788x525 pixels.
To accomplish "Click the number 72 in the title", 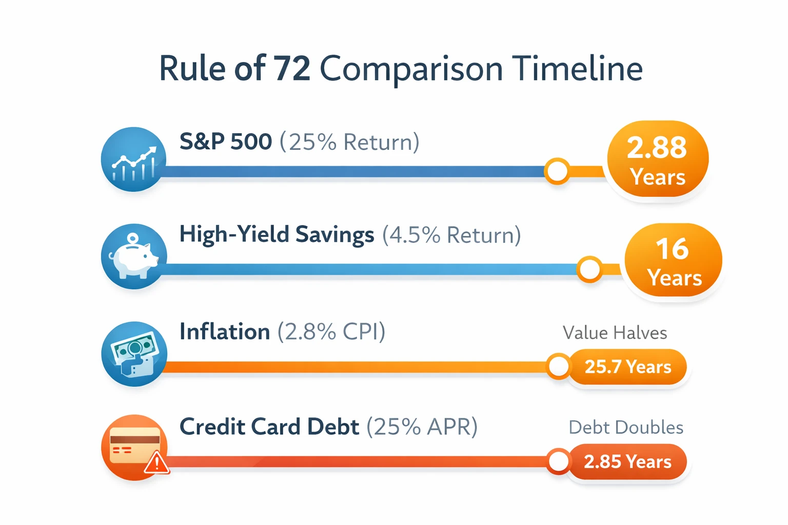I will (292, 69).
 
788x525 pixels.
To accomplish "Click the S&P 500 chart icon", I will (134, 159).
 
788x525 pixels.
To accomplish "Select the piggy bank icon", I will (134, 256).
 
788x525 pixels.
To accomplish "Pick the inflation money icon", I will (134, 353).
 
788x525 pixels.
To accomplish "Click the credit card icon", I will (134, 447).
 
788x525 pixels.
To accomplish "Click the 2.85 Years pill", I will (627, 461).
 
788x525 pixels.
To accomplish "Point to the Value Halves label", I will (615, 333).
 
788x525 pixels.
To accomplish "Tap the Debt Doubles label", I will (626, 427).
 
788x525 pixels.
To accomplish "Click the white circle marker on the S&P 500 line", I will (557, 171).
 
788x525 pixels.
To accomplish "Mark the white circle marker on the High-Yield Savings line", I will (589, 269).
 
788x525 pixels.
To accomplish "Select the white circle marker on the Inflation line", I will (558, 366).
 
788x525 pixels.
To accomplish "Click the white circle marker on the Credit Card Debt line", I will (558, 461).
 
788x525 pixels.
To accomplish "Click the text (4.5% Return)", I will (451, 235).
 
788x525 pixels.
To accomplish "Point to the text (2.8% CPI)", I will (331, 332).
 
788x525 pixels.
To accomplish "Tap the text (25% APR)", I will (422, 427).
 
